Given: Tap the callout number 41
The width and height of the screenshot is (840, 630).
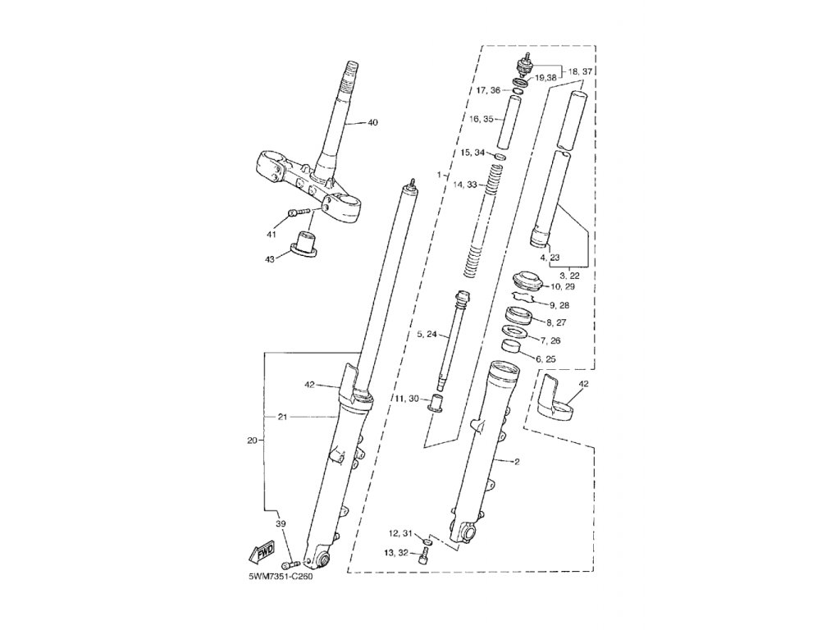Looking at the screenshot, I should click(x=271, y=235).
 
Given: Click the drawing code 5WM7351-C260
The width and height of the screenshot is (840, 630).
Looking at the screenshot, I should click(x=281, y=576).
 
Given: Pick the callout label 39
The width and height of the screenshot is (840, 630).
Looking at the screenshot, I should click(x=280, y=524).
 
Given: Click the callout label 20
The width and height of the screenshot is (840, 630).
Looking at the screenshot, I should click(x=252, y=441).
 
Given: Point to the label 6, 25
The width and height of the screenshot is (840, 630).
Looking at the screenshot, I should click(x=546, y=359).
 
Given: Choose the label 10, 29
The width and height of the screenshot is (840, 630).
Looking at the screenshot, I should click(x=563, y=287).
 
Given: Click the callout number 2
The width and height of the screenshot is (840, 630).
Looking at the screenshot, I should click(x=518, y=462).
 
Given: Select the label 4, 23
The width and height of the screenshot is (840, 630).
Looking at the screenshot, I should click(x=549, y=258).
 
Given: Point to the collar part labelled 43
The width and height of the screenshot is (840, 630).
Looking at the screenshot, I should click(x=307, y=244).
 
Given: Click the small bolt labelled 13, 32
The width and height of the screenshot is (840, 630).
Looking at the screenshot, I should click(x=423, y=557).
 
